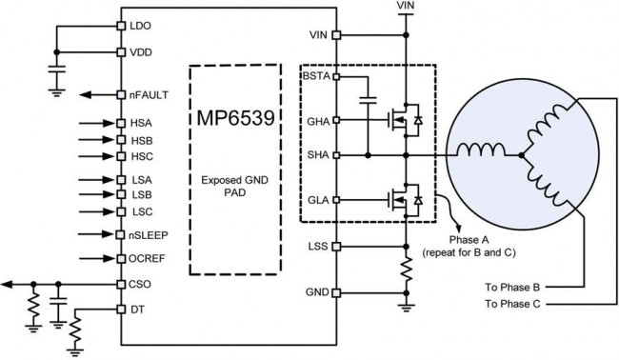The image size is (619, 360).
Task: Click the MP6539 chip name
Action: (233, 120)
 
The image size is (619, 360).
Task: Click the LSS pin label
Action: (319, 246)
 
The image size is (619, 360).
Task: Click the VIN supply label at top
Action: (406, 6)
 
